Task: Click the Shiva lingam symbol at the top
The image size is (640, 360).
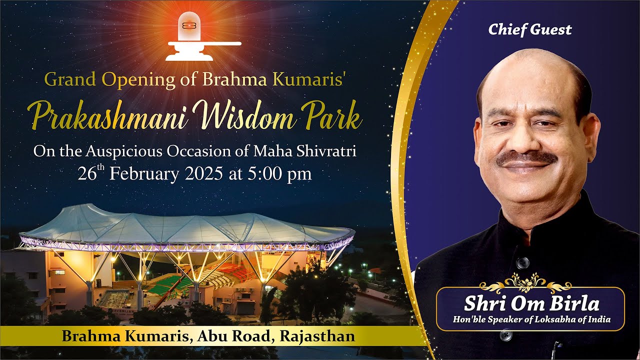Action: tap(203, 36)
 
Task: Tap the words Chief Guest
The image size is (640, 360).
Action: tap(530, 29)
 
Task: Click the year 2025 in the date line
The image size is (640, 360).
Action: tap(203, 173)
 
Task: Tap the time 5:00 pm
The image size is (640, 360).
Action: tap(279, 174)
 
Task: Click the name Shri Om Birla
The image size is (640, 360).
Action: tap(531, 303)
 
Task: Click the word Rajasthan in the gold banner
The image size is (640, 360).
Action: tap(317, 336)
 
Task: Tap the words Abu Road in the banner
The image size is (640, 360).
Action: tap(233, 336)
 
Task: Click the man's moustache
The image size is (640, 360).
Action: tap(526, 158)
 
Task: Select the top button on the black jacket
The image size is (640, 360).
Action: tap(522, 262)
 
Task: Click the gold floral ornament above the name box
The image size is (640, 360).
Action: tap(525, 282)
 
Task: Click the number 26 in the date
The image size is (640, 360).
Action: tap(87, 173)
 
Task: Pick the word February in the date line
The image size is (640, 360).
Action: tap(144, 174)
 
